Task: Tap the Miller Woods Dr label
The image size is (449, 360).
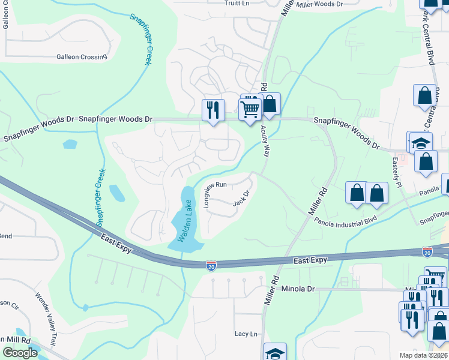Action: click(319, 4)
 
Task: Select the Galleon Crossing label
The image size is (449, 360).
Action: click(82, 57)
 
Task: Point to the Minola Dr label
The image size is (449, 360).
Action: click(298, 289)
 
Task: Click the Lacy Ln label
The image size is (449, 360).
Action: click(246, 334)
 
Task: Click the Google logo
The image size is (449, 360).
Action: click(20, 353)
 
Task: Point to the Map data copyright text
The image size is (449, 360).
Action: click(423, 355)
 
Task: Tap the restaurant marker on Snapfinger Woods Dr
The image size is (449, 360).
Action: click(213, 110)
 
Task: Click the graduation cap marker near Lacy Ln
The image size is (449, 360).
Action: click(276, 352)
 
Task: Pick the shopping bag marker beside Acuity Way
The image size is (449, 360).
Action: click(270, 104)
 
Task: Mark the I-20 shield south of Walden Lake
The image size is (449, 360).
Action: click(211, 265)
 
